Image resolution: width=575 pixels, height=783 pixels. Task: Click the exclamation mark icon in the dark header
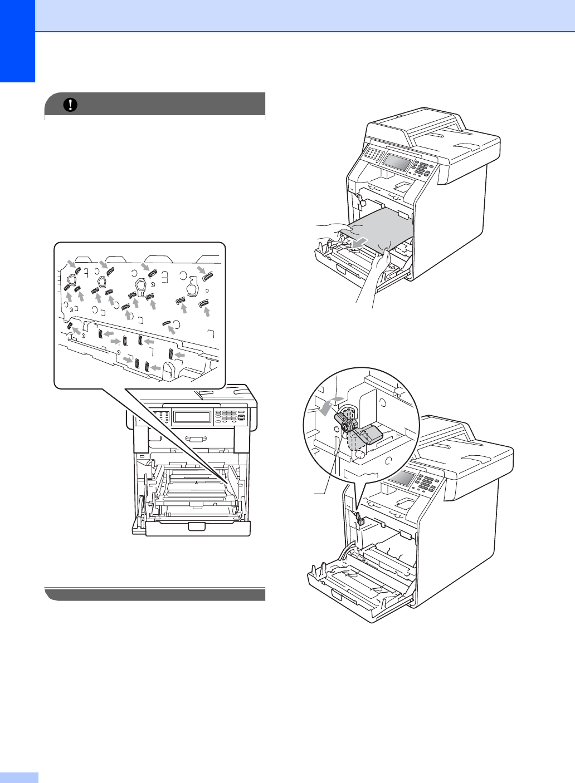point(71,105)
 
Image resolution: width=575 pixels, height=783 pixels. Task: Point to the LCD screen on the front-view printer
point(192,417)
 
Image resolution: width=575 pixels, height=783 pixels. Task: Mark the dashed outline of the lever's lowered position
point(353,442)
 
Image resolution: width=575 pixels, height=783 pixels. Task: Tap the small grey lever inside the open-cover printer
point(359,520)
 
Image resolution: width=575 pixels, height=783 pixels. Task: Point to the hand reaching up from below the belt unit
point(372,278)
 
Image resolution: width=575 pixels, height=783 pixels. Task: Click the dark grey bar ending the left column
point(155,594)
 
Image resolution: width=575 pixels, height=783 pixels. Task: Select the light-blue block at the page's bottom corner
point(19,777)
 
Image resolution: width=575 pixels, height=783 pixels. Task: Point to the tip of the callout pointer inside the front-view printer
point(228,481)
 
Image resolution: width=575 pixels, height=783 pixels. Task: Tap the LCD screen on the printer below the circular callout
point(399,477)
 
